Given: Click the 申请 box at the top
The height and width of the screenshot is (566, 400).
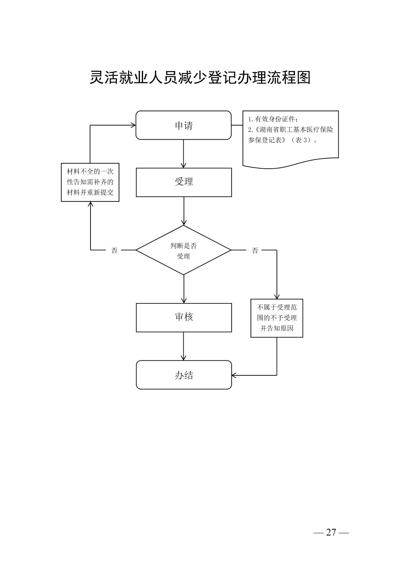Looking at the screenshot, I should coord(184,125).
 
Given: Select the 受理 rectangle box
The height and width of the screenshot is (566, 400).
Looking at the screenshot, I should coord(184,182).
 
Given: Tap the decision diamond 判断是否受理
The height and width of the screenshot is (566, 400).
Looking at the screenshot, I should coord(184,250).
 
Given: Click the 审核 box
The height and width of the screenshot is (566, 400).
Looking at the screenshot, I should coord(184,317).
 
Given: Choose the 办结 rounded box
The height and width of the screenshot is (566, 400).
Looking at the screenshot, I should coord(184,375).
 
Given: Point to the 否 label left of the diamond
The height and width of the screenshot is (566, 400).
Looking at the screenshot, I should coord(114,251).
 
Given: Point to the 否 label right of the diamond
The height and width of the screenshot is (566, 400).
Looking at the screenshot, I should coord(255,251).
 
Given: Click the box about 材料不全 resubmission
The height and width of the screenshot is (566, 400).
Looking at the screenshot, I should coord(90,182).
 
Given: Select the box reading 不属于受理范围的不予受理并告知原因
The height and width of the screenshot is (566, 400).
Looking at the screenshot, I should coord(277,318).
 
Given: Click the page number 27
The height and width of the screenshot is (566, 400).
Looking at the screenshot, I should coord(331,532).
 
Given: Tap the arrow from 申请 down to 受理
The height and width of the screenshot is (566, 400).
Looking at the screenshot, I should coord(184,153).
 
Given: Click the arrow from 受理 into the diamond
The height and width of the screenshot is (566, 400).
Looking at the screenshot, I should coord(184,211).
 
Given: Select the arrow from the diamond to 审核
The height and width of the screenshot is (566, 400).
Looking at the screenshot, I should coord(184,289).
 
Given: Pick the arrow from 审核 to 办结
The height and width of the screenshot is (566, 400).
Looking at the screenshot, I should coord(184,346).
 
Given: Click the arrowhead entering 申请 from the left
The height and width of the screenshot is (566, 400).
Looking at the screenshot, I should coord(133,125).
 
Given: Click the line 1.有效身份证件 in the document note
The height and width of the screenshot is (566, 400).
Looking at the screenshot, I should coord(273,120).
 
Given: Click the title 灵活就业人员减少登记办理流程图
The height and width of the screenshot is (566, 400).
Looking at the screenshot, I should coord(200,78).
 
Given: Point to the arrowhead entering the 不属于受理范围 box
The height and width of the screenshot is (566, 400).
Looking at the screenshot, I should coord(277,297).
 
